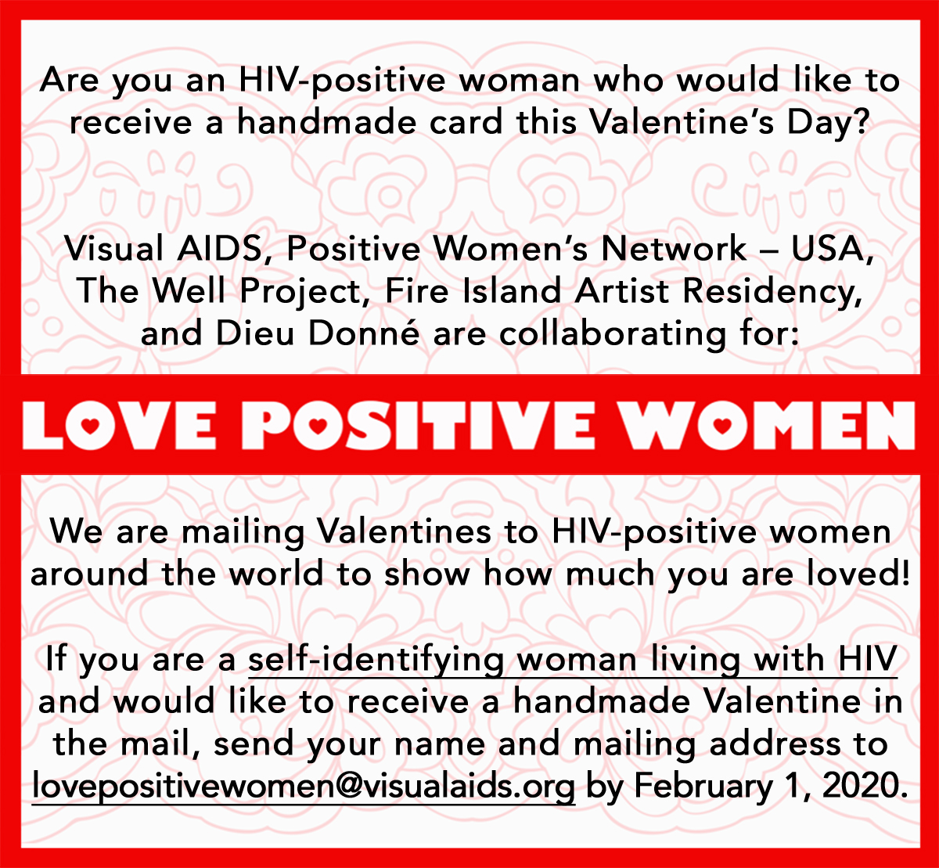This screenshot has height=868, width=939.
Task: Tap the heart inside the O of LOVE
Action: tap(90, 425)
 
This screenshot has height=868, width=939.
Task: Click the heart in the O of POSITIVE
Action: tap(318, 425)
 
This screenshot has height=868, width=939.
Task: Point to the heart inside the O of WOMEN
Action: tap(722, 425)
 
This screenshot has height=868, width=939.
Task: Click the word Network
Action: tap(674, 248)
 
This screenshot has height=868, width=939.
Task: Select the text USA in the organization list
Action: tap(832, 250)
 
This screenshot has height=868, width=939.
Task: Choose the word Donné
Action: tap(364, 332)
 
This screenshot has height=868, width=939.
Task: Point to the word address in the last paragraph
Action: tap(775, 744)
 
